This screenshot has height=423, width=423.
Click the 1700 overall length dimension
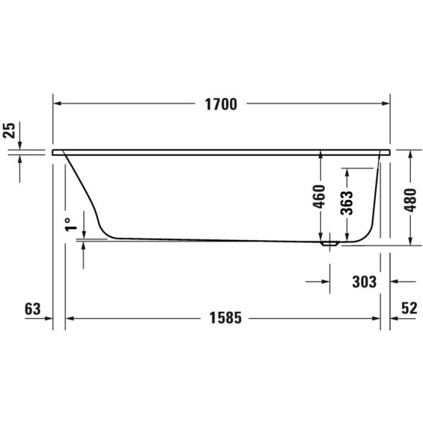pyautogui.click(x=221, y=104)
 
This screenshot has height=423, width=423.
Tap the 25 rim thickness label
pyautogui.click(x=10, y=130)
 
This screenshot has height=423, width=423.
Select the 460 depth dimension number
pyautogui.click(x=319, y=196)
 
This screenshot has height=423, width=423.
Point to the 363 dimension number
pyautogui.click(x=347, y=203)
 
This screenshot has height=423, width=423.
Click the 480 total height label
pyautogui.click(x=410, y=200)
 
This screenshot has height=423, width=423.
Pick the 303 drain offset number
pyautogui.click(x=364, y=282)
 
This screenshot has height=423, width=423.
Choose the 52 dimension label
pyautogui.click(x=409, y=308)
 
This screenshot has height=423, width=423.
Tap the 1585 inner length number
pyautogui.click(x=225, y=318)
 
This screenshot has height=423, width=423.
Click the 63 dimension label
pyautogui.click(x=32, y=309)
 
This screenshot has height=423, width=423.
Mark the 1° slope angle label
pyautogui.click(x=71, y=225)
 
